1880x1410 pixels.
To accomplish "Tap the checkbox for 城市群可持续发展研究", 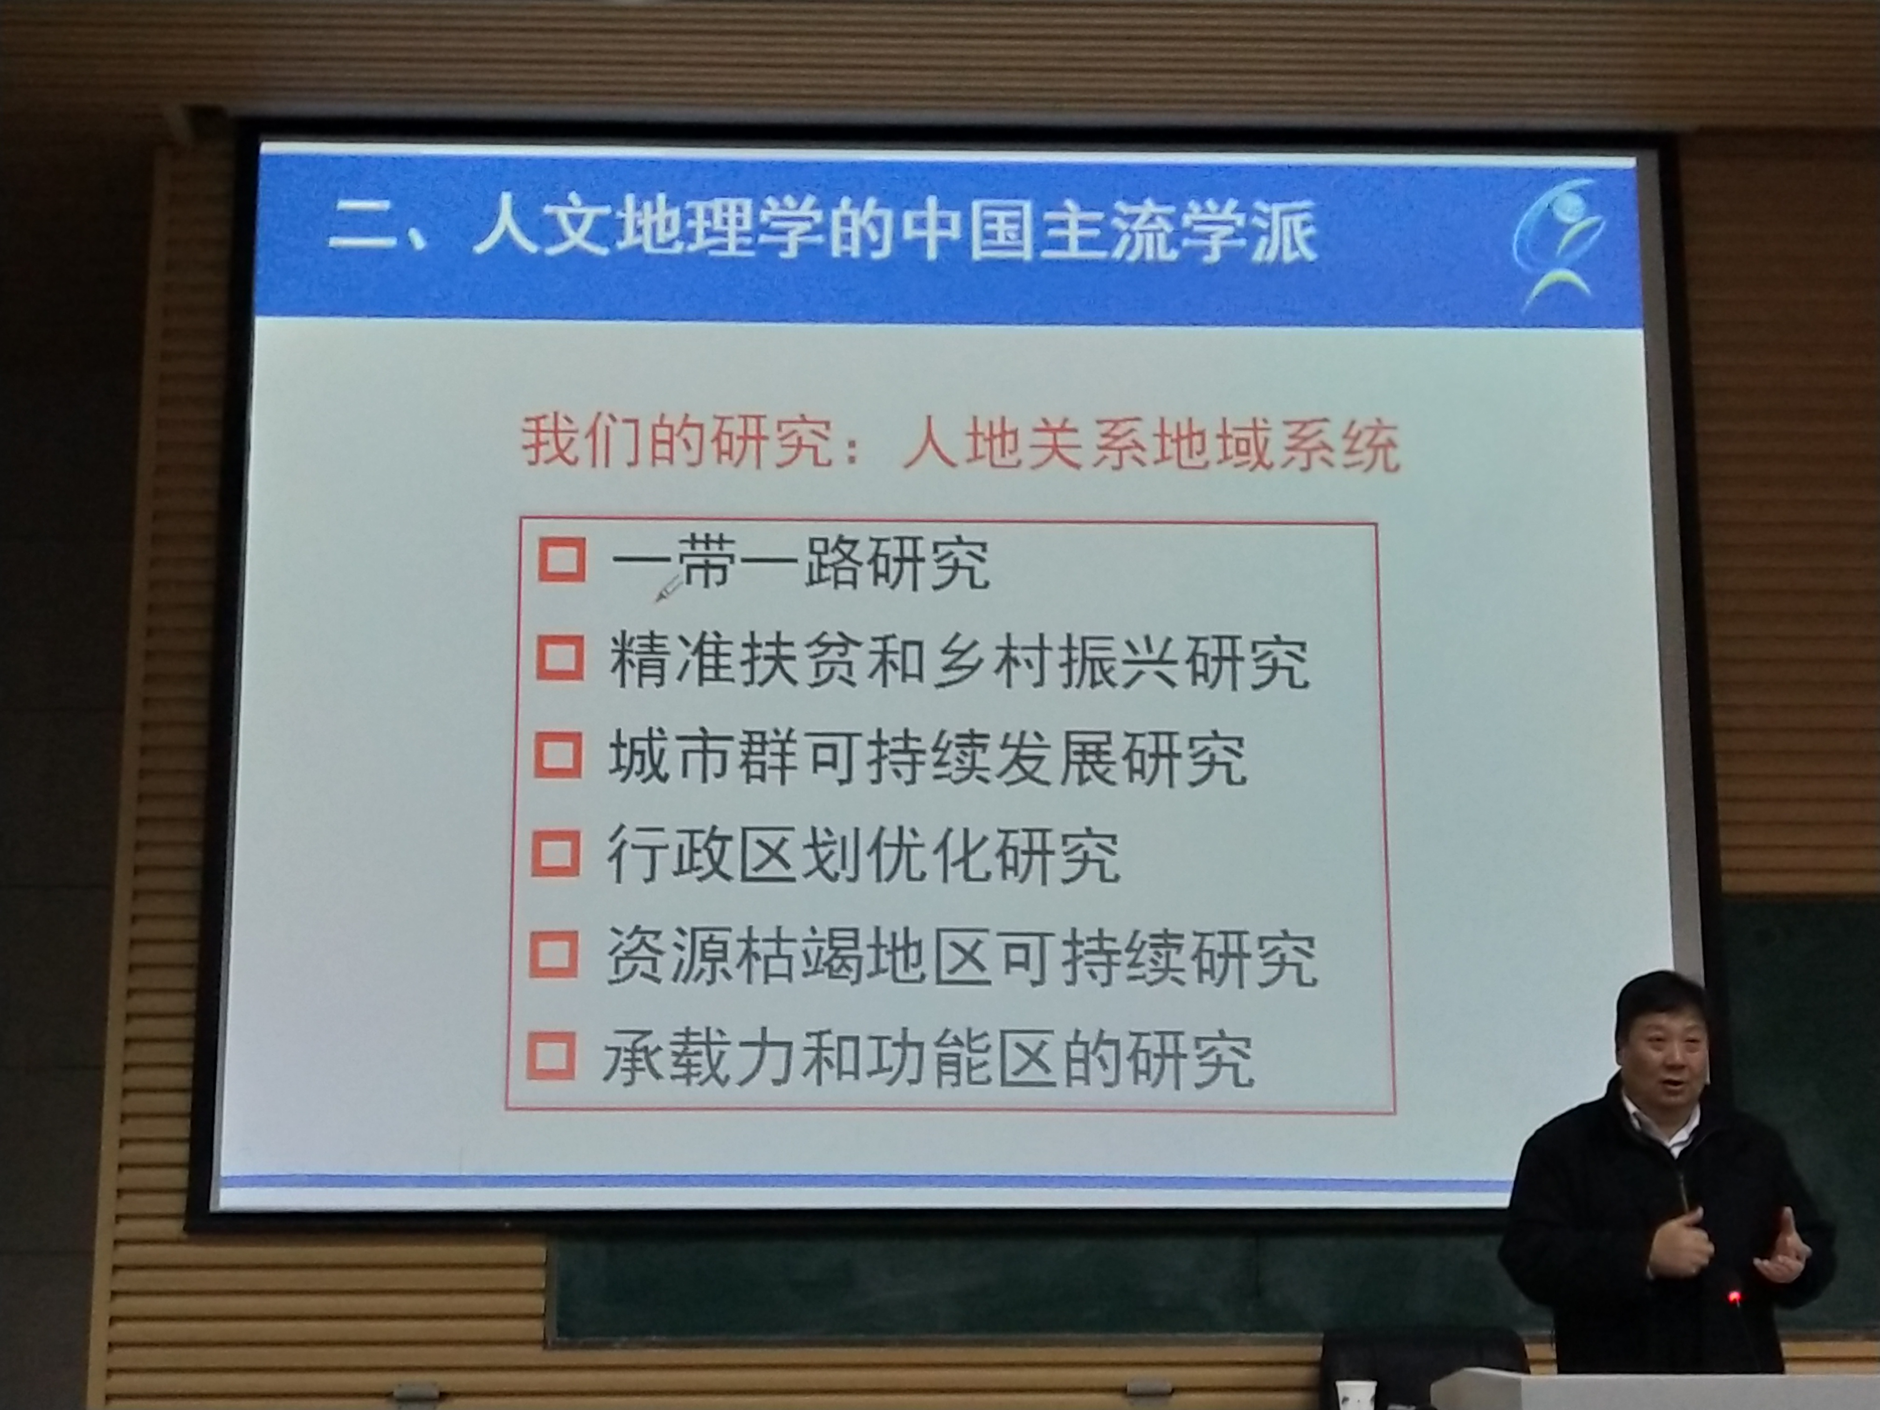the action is pos(558,755).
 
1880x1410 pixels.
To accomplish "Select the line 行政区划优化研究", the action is pos(863,855).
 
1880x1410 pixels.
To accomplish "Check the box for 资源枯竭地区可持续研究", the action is pos(554,954).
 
